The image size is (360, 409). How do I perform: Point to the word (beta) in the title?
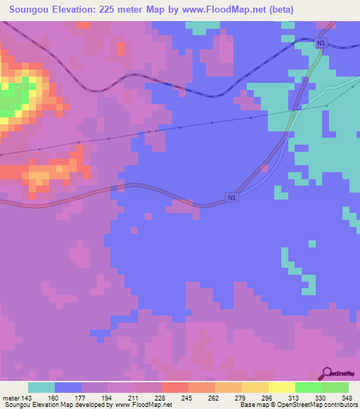[x=278, y=9]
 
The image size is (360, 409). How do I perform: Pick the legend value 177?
[x=82, y=397]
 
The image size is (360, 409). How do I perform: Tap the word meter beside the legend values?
[x=9, y=397]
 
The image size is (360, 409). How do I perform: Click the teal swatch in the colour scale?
[x=41, y=387]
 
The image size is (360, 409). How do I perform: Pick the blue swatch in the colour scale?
[x=68, y=387]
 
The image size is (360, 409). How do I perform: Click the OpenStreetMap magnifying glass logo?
[x=327, y=373]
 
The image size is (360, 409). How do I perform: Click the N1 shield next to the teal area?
[x=321, y=44]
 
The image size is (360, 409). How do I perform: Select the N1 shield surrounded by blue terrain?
[x=232, y=198]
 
